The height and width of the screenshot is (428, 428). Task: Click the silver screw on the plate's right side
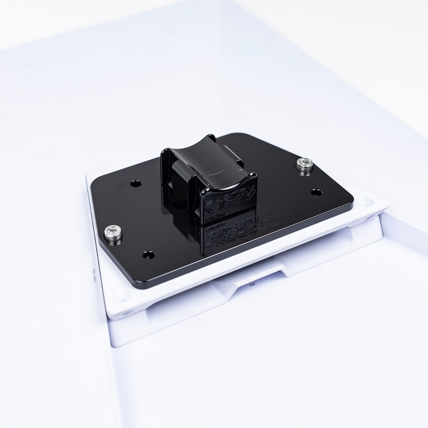[305, 164]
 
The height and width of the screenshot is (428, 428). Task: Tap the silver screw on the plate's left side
[113, 233]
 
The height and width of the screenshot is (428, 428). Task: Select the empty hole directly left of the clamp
[135, 183]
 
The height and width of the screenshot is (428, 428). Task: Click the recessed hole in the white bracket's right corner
[367, 202]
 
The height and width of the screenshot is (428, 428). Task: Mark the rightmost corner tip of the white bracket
[389, 204]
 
